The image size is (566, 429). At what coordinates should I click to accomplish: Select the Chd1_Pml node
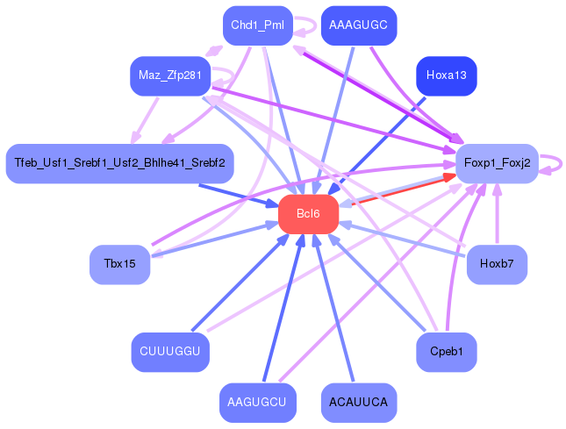tap(257, 25)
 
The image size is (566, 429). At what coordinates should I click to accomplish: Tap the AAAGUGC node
tap(359, 25)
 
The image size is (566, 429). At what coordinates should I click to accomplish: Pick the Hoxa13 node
tap(446, 75)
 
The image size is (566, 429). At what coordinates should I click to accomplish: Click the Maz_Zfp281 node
tap(170, 76)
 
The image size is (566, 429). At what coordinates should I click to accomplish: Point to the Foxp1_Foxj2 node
tap(497, 164)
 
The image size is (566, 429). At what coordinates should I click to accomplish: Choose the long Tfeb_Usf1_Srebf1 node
tap(119, 163)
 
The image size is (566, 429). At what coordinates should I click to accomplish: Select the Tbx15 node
tap(119, 265)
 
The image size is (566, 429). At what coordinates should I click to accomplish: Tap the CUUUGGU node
tap(170, 352)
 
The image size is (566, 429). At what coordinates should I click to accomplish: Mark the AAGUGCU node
tap(257, 403)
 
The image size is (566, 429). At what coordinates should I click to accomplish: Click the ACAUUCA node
tap(359, 403)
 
